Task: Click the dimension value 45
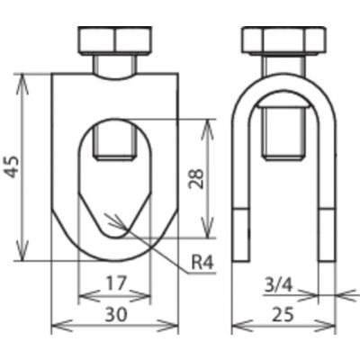[13, 166]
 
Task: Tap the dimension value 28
[196, 178]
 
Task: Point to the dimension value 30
[116, 315]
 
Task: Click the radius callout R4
[202, 264]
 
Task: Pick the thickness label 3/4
[278, 286]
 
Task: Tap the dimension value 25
[283, 315]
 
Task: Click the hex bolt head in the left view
[115, 41]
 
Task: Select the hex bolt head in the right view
[283, 41]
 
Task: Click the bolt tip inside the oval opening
[115, 157]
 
